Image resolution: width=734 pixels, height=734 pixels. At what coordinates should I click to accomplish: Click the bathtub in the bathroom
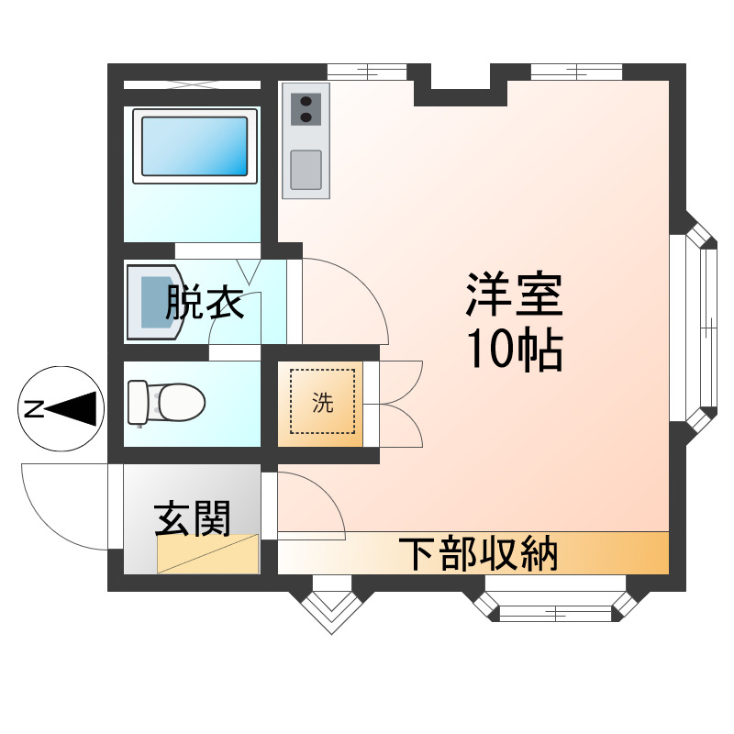click(x=193, y=145)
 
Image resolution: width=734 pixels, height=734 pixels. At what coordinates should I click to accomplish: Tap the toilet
click(x=166, y=402)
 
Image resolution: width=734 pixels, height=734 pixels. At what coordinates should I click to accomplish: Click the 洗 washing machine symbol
click(x=322, y=402)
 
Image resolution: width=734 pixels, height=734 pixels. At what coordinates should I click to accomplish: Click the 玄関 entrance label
click(x=192, y=519)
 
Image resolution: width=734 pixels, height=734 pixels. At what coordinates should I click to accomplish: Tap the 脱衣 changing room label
click(x=205, y=302)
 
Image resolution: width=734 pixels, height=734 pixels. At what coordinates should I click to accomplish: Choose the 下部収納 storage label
click(x=478, y=552)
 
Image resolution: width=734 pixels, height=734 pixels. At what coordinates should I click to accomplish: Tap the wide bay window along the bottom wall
click(x=556, y=606)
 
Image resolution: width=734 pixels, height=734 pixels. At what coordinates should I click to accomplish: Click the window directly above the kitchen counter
click(x=367, y=71)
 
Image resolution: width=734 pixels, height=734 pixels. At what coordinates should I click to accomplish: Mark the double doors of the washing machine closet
click(x=400, y=404)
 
